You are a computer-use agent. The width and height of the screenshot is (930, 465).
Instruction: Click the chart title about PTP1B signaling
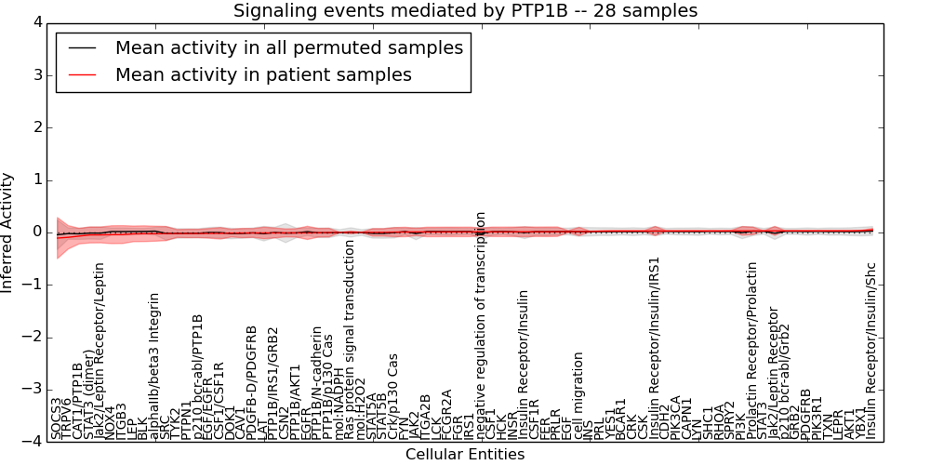point(465,11)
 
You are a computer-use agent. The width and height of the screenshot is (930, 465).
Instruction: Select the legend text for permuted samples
point(288,47)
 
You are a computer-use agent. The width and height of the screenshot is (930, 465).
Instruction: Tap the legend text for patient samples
point(263,74)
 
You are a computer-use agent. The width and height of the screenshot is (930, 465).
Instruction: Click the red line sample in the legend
point(81,74)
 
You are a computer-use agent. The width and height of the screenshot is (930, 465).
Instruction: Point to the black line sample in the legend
point(81,47)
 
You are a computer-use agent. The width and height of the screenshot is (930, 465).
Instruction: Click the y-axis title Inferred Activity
point(8,232)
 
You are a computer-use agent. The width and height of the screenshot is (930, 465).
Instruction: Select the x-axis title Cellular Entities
point(465,455)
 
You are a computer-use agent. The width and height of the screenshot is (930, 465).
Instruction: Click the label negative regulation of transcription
point(481,325)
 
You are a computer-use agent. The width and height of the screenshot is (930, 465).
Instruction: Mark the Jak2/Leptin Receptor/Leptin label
point(99,352)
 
